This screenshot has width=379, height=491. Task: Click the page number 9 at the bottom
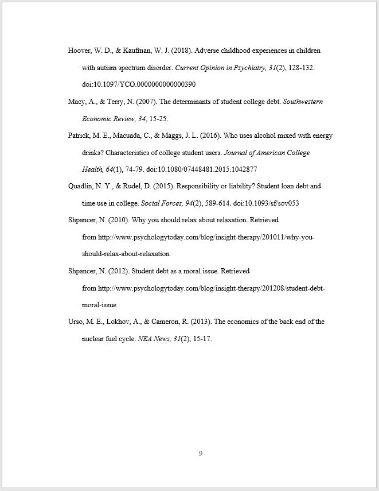click(x=201, y=454)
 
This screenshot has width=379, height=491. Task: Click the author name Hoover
click(x=80, y=51)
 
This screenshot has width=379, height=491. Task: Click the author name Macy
click(x=76, y=102)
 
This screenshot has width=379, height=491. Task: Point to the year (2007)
click(x=143, y=102)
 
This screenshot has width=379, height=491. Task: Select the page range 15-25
click(x=158, y=119)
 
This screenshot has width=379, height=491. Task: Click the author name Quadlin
click(x=81, y=186)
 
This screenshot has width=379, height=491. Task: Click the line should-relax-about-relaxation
click(x=126, y=254)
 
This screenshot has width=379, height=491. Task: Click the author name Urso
click(x=76, y=322)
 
